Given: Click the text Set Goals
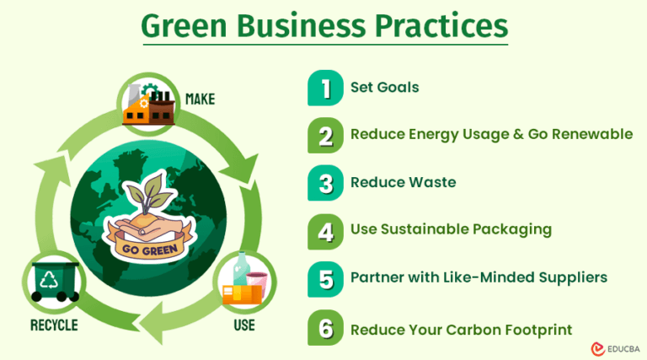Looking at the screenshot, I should (384, 87).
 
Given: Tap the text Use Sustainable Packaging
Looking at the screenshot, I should (451, 229).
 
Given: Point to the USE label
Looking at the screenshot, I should (243, 325).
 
